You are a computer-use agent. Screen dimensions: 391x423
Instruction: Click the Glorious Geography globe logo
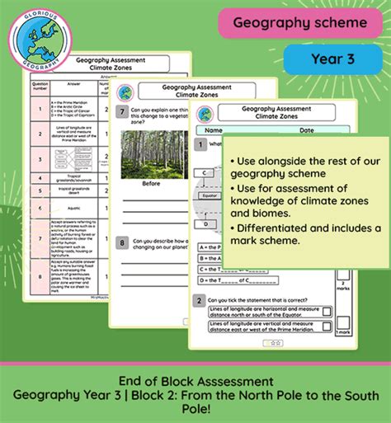point(38,41)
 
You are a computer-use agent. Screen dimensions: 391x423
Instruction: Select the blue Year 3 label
point(332,59)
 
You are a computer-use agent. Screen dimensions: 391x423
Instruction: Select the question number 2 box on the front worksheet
point(199,300)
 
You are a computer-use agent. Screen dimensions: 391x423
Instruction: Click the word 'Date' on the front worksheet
point(306,129)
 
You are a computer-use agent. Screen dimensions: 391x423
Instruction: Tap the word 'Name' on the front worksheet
point(214,129)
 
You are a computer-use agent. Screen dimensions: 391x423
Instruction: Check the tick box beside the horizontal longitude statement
point(328,313)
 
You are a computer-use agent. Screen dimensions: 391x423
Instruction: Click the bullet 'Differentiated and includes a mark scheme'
point(305,234)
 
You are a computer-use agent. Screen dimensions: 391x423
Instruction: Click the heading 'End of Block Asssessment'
point(195,381)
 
